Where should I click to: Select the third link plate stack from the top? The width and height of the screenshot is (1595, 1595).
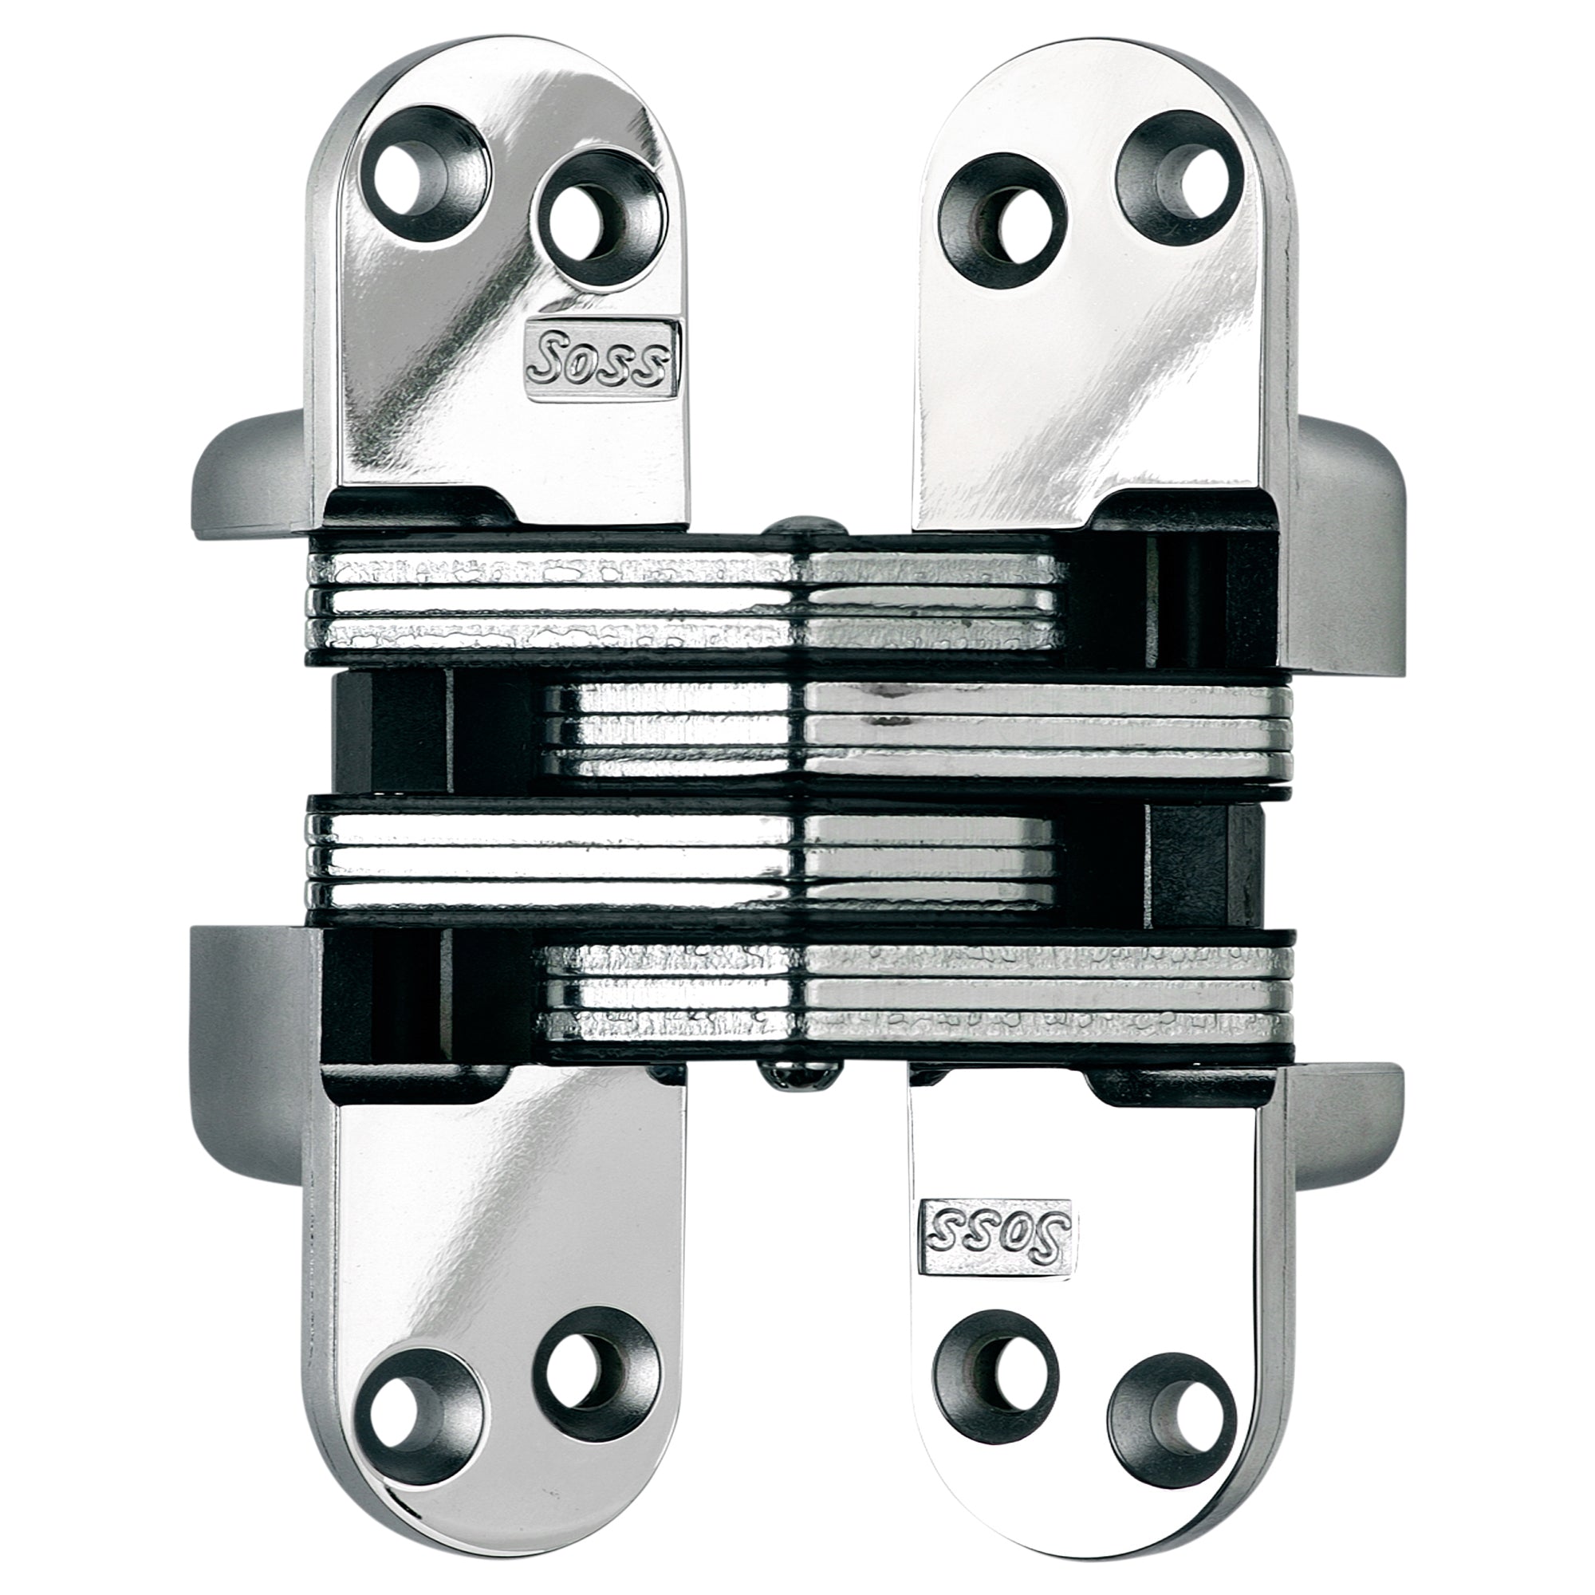[685, 859]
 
